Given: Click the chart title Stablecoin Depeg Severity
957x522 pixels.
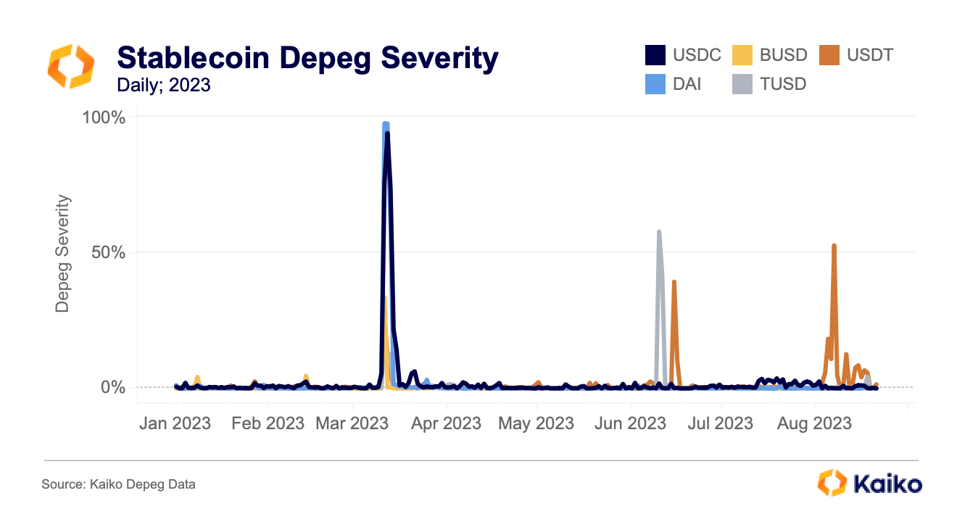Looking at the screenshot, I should click(307, 58).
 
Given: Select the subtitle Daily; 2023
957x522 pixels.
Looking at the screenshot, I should click(164, 85).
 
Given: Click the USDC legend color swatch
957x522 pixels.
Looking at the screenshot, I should click(655, 55).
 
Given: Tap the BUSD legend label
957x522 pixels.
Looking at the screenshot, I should click(783, 55).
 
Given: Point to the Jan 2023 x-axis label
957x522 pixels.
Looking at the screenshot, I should click(175, 423).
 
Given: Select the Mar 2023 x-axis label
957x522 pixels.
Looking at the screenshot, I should click(352, 423).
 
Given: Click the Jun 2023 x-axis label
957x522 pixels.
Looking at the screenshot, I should click(630, 423).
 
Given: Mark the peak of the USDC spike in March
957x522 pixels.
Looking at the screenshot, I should click(387, 133).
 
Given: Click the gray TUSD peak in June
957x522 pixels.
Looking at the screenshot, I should click(658, 232).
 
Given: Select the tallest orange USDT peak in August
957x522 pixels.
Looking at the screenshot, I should click(834, 246).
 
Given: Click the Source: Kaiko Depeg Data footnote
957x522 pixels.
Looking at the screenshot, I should click(118, 484).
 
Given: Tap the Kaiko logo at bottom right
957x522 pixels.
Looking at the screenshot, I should click(869, 484).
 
